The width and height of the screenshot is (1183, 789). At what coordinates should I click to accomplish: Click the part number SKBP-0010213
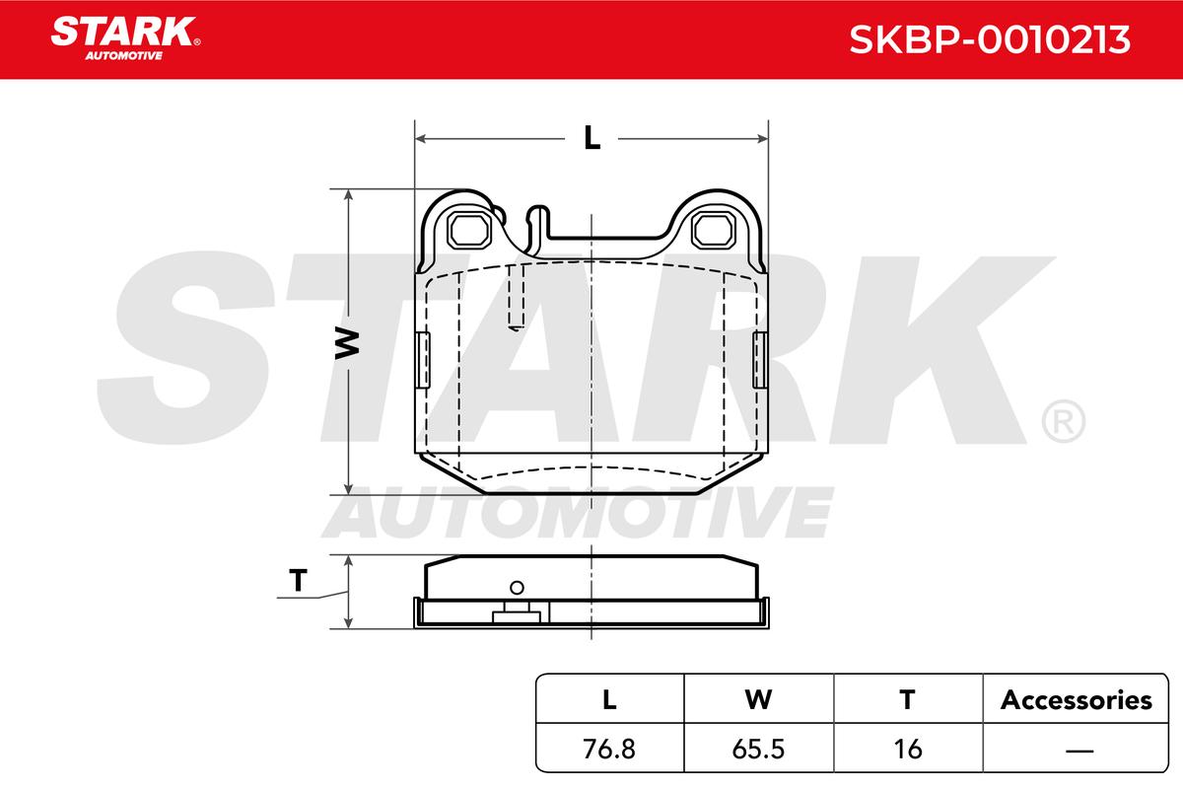click(989, 39)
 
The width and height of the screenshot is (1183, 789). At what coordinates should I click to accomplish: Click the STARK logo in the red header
click(125, 38)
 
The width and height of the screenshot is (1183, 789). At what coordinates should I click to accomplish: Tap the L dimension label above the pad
click(592, 138)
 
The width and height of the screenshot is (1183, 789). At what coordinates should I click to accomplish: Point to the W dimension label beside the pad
click(347, 343)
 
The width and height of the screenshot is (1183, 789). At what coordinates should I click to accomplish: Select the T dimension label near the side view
click(298, 580)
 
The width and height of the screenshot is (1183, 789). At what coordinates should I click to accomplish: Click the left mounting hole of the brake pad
click(468, 231)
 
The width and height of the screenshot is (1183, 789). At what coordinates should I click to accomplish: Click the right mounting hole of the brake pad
click(714, 231)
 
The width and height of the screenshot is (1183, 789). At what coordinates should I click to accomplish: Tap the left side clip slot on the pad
click(423, 360)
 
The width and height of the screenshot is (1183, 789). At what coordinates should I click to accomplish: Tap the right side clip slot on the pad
click(760, 360)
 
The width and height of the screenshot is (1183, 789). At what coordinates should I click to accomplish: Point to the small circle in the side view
click(517, 588)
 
